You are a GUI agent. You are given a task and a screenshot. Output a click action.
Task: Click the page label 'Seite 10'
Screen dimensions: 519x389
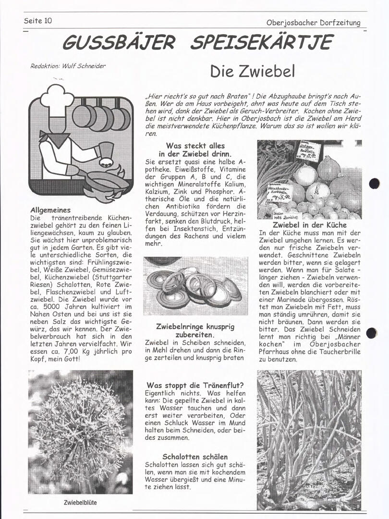pyautogui.click(x=38, y=21)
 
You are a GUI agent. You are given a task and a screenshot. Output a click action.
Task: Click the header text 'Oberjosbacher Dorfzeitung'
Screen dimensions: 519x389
pyautogui.click(x=313, y=23)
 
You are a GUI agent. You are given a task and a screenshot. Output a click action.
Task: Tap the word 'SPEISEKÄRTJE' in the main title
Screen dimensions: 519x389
pyautogui.click(x=261, y=42)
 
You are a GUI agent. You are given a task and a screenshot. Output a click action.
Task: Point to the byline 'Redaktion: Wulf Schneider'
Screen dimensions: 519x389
pyautogui.click(x=68, y=66)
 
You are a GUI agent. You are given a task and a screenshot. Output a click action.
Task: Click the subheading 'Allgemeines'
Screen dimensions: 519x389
pyautogui.click(x=50, y=210)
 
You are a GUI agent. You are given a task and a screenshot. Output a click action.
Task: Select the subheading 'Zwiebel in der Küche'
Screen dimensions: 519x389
pyautogui.click(x=309, y=224)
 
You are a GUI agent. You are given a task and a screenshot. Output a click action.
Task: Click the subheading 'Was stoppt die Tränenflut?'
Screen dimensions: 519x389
pyautogui.click(x=195, y=385)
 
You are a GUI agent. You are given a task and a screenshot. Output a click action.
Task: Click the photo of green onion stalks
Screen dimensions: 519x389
pyautogui.click(x=309, y=440)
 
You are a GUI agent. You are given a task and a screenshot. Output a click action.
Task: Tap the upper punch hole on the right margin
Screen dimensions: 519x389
pyautogui.click(x=374, y=183)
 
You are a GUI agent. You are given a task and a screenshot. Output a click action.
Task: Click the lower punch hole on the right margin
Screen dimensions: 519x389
pyautogui.click(x=372, y=333)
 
